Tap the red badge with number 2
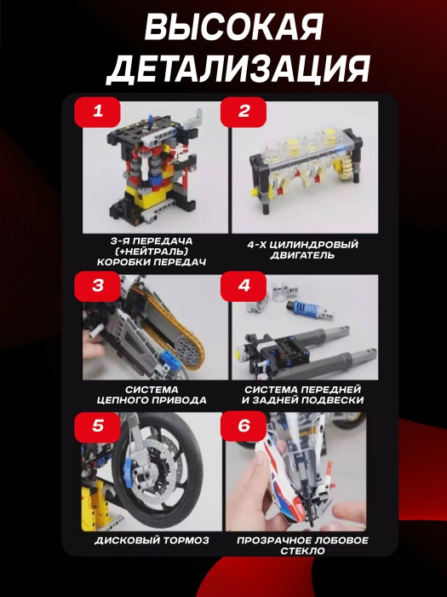click(x=244, y=112)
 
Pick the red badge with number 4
click(x=244, y=285)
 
